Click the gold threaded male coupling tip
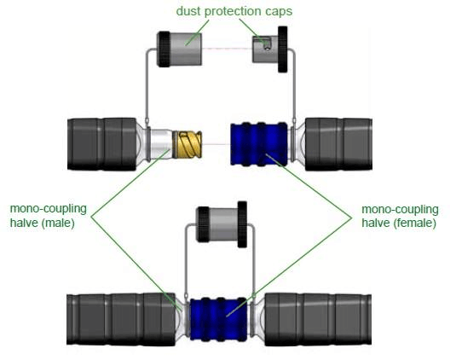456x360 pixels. click(x=188, y=144)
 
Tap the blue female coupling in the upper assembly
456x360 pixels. click(x=259, y=144)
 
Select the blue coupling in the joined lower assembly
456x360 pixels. click(x=218, y=319)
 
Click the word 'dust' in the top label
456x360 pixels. click(x=188, y=11)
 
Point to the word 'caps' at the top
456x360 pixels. click(x=279, y=12)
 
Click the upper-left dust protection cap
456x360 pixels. click(x=179, y=49)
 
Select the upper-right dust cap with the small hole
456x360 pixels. click(x=270, y=49)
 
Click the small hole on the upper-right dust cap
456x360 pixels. click(x=268, y=48)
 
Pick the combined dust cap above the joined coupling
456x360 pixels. click(x=222, y=224)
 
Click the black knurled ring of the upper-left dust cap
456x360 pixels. click(x=164, y=49)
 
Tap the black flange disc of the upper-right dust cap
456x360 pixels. click(x=283, y=49)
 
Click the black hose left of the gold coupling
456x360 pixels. click(x=102, y=144)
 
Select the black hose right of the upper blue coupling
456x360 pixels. click(x=338, y=144)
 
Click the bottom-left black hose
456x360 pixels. click(x=121, y=319)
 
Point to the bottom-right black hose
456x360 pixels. click(x=318, y=319)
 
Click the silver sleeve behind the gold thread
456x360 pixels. click(x=162, y=144)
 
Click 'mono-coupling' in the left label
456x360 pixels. click(x=49, y=209)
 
